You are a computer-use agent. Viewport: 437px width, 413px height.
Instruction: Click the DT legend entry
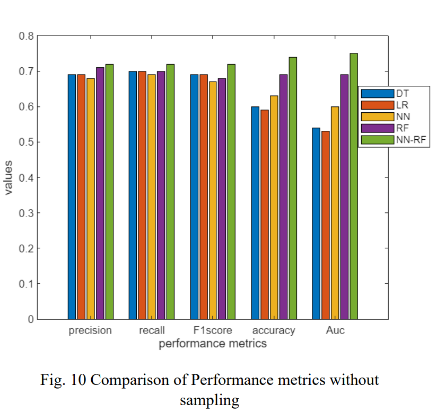coord(392,93)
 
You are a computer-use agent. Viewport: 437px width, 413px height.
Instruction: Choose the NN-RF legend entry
coord(392,140)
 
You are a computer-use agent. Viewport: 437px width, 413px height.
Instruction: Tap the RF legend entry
coord(392,128)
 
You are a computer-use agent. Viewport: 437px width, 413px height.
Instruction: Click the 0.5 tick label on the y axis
coord(26,142)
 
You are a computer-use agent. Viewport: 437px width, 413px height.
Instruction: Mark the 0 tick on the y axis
coord(31,319)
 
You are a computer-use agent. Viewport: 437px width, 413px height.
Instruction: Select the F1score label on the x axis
coord(212,331)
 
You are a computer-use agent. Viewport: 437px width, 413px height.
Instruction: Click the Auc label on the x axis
coord(335,331)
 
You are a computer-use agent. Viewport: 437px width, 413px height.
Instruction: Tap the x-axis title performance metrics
coord(212,344)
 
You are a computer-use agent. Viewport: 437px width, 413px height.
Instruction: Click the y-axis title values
coord(9,177)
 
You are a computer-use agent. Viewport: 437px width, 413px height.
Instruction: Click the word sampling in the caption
coord(209,400)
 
